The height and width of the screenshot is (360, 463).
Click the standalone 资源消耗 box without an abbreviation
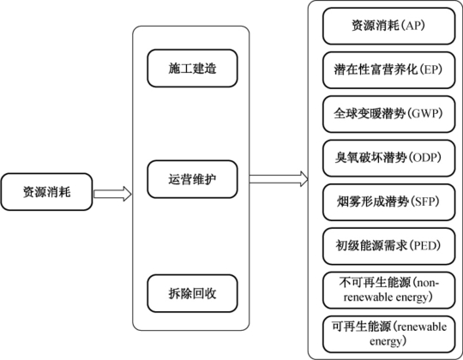click(x=46, y=192)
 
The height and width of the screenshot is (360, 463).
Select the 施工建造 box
click(x=193, y=69)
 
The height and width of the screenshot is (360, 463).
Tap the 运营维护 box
click(x=193, y=179)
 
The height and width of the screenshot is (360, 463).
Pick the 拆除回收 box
click(x=193, y=293)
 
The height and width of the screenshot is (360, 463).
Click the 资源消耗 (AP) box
click(x=389, y=26)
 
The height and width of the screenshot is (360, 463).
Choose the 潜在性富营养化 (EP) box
click(x=389, y=70)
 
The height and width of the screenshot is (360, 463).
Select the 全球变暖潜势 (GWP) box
click(x=389, y=114)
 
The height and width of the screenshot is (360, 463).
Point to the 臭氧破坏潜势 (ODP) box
click(x=389, y=159)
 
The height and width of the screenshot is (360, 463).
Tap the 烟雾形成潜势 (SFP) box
click(x=389, y=202)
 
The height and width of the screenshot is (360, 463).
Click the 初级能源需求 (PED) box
click(x=389, y=246)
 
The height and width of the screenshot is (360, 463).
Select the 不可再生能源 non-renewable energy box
click(x=389, y=290)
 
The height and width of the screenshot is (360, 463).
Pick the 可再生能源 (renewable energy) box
click(x=389, y=334)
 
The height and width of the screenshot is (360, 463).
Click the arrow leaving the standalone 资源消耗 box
click(x=112, y=194)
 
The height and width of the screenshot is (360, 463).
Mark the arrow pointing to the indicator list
click(x=279, y=179)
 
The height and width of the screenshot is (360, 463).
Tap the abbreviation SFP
click(x=425, y=201)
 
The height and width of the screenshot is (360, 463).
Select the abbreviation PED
click(x=425, y=245)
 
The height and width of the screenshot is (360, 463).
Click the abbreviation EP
click(x=430, y=69)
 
